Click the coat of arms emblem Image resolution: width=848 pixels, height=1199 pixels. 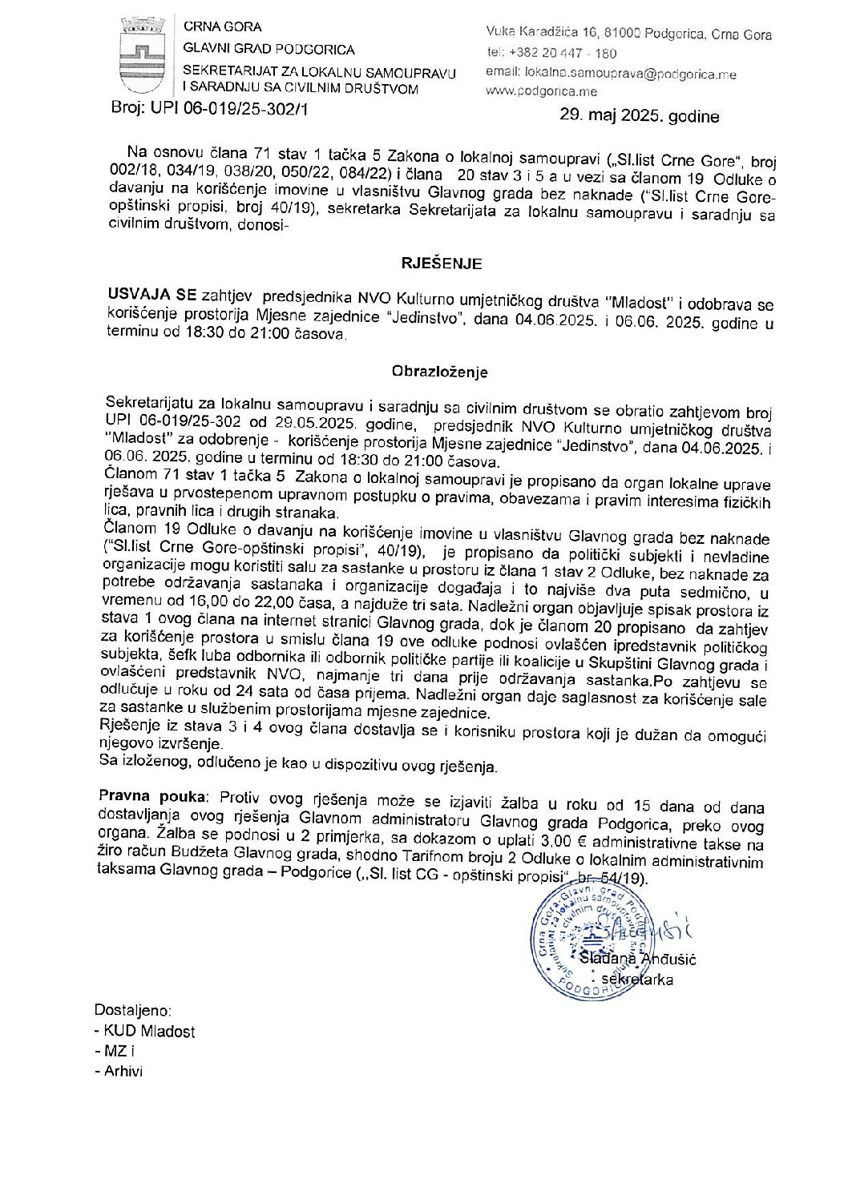pos(142,58)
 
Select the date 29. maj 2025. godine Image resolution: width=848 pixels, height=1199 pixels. pos(639,115)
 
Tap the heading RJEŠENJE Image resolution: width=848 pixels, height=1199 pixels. pos(442,264)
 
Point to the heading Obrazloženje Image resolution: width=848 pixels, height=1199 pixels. pos(439,372)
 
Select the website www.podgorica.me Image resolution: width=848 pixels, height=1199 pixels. pos(541,91)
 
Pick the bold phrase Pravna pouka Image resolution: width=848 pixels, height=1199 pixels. pos(152,796)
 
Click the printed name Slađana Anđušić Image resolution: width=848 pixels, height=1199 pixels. pos(637,960)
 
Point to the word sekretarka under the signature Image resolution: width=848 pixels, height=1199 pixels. pos(637,980)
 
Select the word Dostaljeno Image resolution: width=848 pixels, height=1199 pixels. pos(133,1011)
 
